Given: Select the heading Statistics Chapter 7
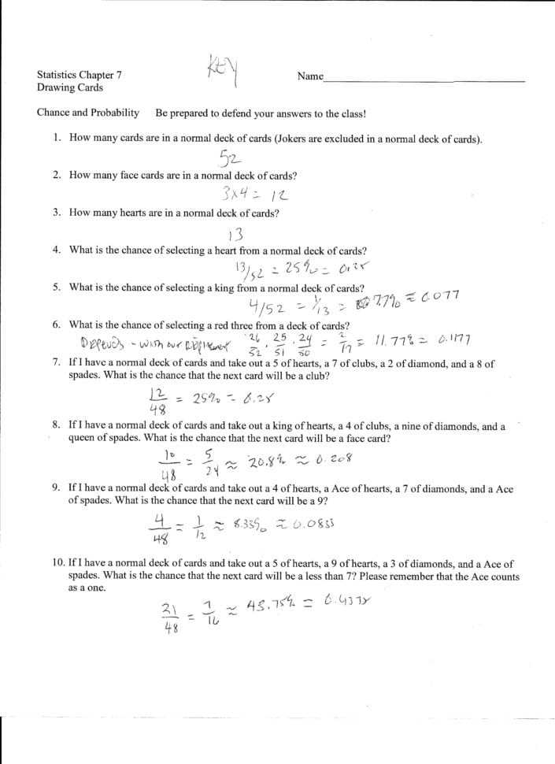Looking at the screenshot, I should click(79, 75).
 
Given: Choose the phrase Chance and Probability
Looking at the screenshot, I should click(87, 113).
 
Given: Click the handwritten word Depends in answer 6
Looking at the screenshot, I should click(101, 343).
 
